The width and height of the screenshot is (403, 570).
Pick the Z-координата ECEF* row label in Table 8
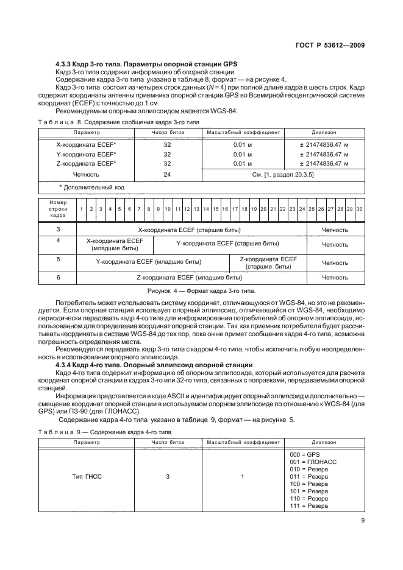click(77, 163)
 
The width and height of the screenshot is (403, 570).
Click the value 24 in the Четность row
click(167, 174)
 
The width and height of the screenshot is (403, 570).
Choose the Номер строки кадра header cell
click(58, 209)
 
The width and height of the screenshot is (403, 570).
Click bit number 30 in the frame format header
click(360, 209)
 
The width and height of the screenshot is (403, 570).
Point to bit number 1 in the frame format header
click(81, 209)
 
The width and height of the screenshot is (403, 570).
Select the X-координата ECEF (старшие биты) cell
click(190, 230)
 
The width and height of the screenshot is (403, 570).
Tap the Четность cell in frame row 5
click(335, 263)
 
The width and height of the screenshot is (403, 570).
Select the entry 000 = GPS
click(304, 455)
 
